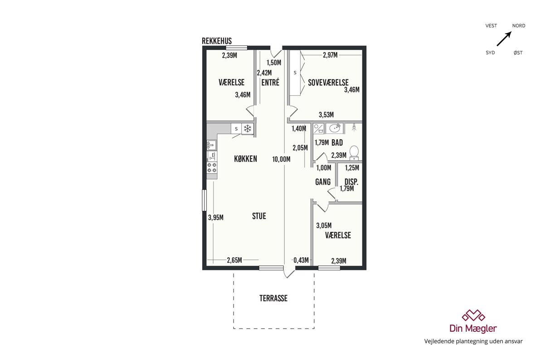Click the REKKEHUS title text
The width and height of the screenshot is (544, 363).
point(217,41)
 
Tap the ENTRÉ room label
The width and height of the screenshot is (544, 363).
point(270,83)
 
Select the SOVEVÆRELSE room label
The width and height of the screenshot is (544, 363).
point(328,83)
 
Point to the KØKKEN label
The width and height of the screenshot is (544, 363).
point(246,159)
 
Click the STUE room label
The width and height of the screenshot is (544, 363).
point(259,216)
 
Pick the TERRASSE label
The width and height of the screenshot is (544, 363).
point(273,298)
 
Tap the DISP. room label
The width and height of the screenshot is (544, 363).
point(351,182)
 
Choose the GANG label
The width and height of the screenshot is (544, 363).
point(323,182)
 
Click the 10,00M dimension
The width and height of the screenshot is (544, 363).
point(281,159)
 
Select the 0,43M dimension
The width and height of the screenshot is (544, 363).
point(301,260)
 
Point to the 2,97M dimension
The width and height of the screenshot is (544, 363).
point(330,55)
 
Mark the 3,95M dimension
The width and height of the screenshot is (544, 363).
point(216,217)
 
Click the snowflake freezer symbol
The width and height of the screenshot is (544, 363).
point(248,128)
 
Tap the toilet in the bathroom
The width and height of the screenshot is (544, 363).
point(354,153)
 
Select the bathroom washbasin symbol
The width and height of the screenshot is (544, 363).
point(335,128)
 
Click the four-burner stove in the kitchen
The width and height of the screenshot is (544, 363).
point(212,168)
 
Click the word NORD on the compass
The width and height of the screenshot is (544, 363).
point(519,26)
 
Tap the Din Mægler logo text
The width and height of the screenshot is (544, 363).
point(473,329)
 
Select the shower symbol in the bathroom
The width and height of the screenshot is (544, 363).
point(354,127)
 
